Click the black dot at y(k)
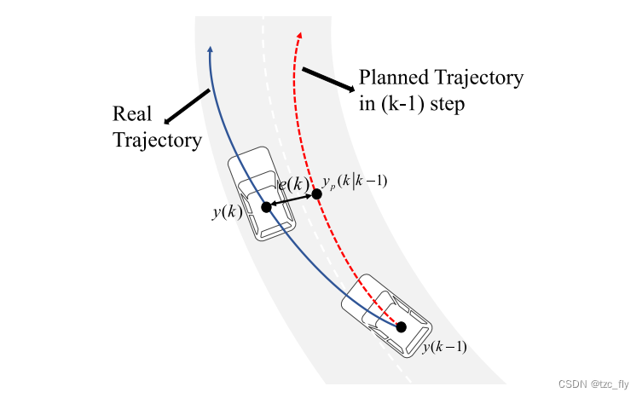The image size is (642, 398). (x=266, y=207)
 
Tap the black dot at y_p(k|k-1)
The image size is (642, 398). (x=316, y=194)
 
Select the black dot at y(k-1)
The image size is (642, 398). (x=401, y=326)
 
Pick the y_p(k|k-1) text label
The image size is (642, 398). (x=355, y=180)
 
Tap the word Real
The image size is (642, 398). (x=132, y=114)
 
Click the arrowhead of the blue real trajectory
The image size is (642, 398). (x=210, y=50)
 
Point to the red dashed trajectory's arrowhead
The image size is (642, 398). (x=299, y=35)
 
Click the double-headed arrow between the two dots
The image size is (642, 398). (x=291, y=201)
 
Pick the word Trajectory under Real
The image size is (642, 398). (x=157, y=139)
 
